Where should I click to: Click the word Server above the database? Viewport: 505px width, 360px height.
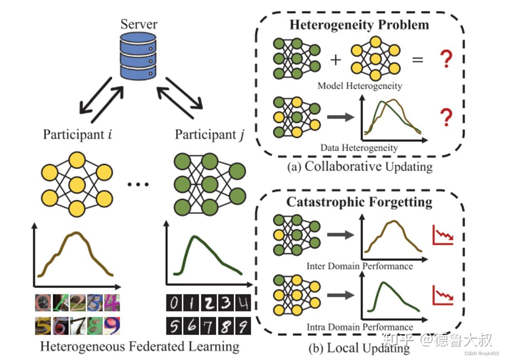coord(139,24)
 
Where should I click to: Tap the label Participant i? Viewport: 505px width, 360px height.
coord(78,134)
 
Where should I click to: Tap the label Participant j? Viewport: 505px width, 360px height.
coord(209,134)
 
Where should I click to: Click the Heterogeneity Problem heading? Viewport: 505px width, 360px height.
coord(359,25)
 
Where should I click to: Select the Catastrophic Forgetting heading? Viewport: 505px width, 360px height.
coord(359,202)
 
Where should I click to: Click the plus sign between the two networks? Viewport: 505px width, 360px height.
coord(335,60)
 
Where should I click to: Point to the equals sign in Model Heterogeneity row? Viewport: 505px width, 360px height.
coord(417,60)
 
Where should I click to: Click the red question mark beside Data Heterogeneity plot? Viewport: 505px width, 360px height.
coord(447,118)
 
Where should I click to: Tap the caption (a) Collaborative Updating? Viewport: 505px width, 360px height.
coord(360,167)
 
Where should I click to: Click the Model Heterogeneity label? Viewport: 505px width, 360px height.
coord(360,86)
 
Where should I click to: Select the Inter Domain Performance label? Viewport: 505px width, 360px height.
coord(360,266)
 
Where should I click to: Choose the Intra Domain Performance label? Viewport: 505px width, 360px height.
coord(360,327)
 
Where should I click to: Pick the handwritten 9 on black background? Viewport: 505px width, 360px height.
coord(242,326)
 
